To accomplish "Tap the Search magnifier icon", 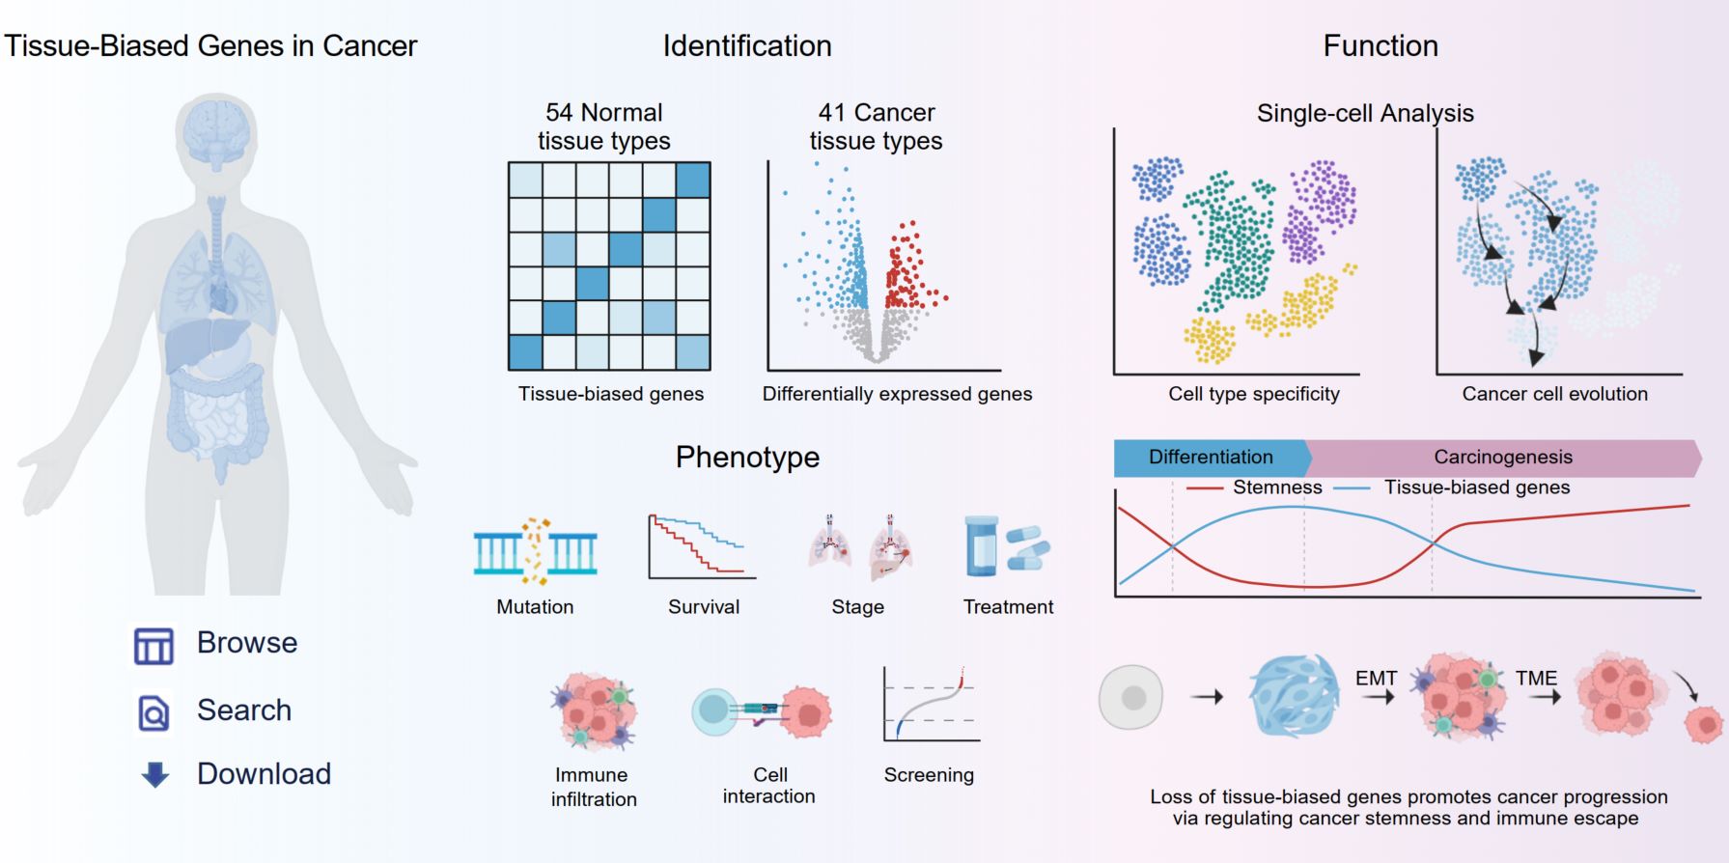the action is coord(153,712).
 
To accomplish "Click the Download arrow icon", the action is coord(154,774).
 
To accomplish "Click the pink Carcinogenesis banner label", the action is coord(1503,458).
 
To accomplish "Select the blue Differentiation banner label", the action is coord(1212,458).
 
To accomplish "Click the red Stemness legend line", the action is coord(1204,488).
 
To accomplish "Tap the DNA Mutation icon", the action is coord(535,551).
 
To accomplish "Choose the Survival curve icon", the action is coord(702,546).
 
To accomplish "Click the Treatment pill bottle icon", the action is coord(981,545).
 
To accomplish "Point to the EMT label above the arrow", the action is coord(1376,678).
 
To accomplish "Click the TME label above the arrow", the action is coord(1536,678).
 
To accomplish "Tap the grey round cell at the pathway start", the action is coord(1131,697).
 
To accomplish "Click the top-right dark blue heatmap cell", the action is coord(693,181).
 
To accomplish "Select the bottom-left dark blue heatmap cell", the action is coord(526,352).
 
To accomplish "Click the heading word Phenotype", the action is coord(747,457).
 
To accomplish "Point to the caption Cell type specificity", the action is coord(1254,394).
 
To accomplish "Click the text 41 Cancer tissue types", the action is coord(877,126).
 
